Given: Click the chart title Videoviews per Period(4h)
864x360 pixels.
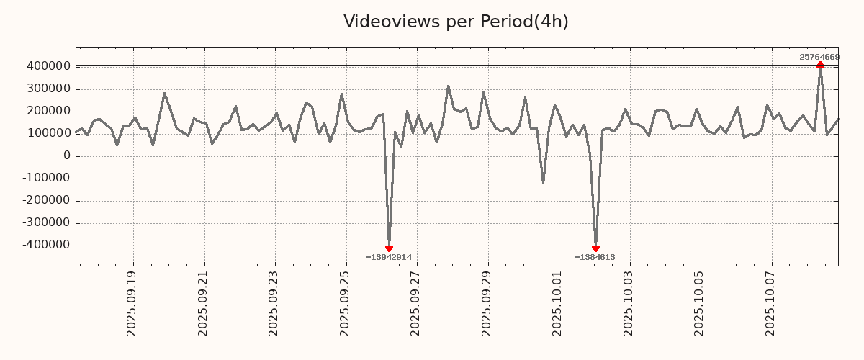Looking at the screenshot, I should pos(456,22).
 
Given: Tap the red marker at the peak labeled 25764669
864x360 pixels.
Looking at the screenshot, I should pos(820,65).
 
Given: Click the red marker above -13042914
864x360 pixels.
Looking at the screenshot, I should pos(389,248).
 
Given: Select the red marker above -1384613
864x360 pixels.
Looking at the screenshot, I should pos(595,248).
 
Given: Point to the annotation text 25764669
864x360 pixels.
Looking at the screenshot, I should pos(819,57).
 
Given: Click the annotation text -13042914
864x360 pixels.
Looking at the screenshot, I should pos(389,257).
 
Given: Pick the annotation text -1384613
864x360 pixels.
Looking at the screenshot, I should pos(595,257).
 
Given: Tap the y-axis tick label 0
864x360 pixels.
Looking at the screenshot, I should pos(67,156).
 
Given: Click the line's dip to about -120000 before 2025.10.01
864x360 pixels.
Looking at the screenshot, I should pos(543,183).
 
